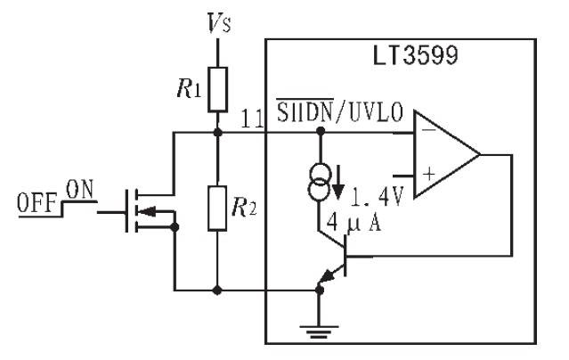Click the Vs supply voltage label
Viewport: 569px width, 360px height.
(x=219, y=23)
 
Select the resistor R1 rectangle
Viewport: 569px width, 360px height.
(x=218, y=89)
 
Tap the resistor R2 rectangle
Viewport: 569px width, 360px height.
(x=217, y=209)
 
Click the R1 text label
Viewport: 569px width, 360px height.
(x=189, y=88)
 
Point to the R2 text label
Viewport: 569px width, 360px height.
(x=244, y=207)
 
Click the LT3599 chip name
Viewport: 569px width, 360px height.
(x=416, y=55)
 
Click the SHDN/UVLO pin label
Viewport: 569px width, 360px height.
(x=339, y=110)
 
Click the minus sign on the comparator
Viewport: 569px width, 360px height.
(x=429, y=130)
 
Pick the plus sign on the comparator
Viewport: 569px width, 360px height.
(x=429, y=174)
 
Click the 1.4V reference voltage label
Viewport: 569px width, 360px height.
(x=377, y=198)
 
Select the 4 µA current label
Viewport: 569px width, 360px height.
(x=354, y=222)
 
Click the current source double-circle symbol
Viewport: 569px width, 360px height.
(x=320, y=182)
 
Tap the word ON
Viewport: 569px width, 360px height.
(x=79, y=189)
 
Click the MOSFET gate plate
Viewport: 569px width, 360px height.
(x=126, y=210)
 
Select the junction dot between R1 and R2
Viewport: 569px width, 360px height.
(x=218, y=132)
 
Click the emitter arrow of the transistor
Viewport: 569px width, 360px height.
(x=327, y=277)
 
